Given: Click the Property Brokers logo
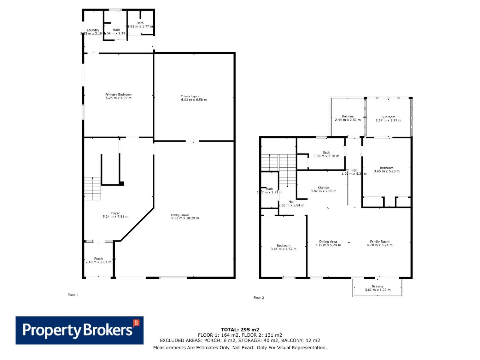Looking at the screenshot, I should [x=79, y=330].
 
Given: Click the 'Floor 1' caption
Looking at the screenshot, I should [x=73, y=295].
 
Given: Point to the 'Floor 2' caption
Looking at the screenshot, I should [x=259, y=298].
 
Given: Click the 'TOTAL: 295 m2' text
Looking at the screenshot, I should [x=240, y=329].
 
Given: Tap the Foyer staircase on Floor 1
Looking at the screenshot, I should [x=92, y=188].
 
